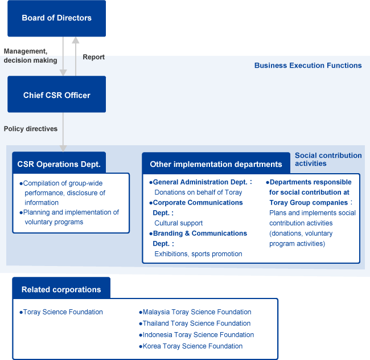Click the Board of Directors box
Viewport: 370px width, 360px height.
[56, 18]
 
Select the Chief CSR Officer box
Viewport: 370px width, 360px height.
[56, 95]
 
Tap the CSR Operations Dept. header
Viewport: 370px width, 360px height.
[59, 164]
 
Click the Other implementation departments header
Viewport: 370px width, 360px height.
[216, 164]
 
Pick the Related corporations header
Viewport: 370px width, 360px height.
[61, 289]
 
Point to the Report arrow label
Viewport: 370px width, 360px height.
[93, 57]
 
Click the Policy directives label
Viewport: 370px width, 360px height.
[31, 129]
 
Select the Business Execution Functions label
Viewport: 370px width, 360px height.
[307, 66]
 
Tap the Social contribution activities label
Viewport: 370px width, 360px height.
[328, 159]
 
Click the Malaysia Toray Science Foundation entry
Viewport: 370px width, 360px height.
[196, 312]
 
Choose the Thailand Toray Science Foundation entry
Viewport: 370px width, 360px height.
[196, 324]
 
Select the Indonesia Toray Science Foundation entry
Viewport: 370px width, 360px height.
[198, 335]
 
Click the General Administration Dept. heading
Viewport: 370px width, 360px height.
[202, 182]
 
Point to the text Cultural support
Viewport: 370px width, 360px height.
[178, 223]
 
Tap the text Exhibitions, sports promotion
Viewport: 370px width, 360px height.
[198, 254]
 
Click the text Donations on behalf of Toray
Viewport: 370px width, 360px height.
[198, 193]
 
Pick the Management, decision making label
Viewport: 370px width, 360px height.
[31, 56]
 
